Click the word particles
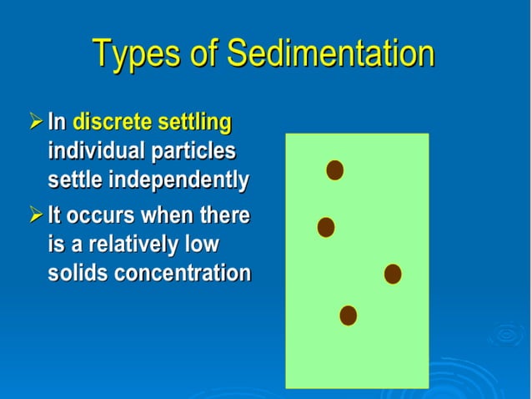(x=193, y=152)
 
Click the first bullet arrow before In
(x=35, y=123)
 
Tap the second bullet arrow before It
(x=35, y=215)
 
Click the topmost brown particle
(x=334, y=170)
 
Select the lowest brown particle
(x=349, y=315)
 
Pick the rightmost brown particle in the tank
(x=393, y=274)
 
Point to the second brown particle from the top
(x=326, y=227)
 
